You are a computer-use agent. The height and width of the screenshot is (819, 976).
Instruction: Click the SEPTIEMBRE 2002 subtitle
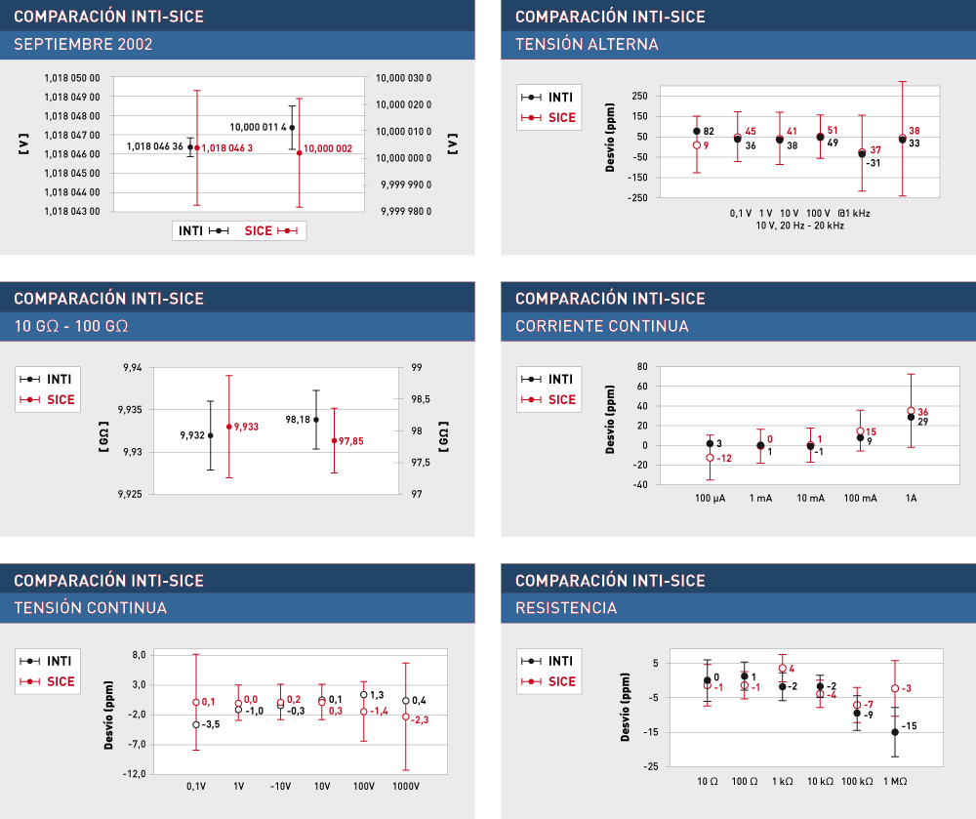pos(83,45)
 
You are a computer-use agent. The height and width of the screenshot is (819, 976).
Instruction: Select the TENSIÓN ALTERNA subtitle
pos(587,45)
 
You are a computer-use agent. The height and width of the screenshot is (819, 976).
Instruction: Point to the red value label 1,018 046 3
pos(227,147)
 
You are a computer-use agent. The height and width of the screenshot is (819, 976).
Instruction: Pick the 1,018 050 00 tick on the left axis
pos(72,78)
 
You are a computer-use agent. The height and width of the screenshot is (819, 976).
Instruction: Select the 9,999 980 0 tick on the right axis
pos(406,211)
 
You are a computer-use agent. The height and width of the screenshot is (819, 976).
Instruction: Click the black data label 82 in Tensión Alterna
pos(709,132)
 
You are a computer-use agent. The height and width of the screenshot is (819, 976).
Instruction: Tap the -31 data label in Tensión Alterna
pos(873,163)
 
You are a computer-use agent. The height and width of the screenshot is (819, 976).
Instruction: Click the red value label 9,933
pos(246,427)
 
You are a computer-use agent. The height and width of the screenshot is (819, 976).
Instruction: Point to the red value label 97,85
pos(351,441)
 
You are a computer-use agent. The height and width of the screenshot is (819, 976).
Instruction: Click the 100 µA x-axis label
pos(710,498)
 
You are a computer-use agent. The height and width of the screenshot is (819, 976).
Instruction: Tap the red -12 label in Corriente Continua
pos(724,458)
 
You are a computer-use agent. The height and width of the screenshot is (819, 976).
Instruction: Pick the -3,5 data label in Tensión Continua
pos(211,724)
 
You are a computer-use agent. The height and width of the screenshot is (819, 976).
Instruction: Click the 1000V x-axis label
pos(405,786)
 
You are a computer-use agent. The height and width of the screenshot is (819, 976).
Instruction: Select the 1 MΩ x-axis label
pos(895,781)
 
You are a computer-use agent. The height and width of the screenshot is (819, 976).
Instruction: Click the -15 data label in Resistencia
pos(909,726)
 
